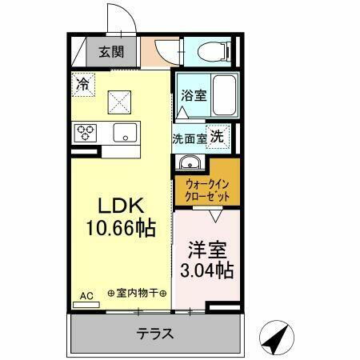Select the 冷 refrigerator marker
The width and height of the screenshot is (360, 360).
[x=84, y=82]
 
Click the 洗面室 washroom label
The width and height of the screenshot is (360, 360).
[x=190, y=138]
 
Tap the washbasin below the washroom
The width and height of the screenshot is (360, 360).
[x=190, y=163]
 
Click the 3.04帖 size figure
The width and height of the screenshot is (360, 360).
[x=207, y=270]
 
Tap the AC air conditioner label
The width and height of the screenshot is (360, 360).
[x=86, y=296]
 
